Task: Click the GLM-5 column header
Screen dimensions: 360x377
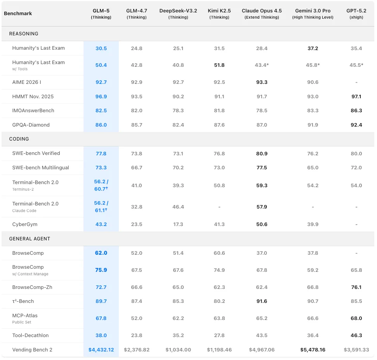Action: pos(101,14)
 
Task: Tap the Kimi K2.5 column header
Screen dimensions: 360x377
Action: pos(219,14)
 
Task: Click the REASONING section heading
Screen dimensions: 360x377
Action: pos(24,34)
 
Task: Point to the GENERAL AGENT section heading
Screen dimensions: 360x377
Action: pos(30,239)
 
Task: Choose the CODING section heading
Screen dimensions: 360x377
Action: pos(19,139)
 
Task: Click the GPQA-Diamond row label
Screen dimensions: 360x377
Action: pos(31,125)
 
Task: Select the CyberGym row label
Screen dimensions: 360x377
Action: pos(25,224)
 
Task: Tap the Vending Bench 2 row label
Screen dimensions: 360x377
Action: pos(32,350)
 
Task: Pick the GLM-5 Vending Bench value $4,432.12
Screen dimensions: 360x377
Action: pos(101,350)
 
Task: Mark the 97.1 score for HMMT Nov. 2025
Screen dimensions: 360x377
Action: pos(356,97)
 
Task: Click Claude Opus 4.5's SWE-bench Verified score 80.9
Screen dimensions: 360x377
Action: pos(262,154)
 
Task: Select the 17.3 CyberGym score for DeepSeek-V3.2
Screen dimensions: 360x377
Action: pos(178,224)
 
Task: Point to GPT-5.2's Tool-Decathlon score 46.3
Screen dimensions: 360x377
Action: pos(356,336)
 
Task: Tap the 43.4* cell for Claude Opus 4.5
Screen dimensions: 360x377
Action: pos(262,65)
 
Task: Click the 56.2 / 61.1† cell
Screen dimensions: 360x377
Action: pos(101,207)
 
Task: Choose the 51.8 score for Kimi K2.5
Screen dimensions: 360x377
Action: pos(219,65)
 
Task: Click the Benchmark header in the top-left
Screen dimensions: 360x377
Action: pos(18,14)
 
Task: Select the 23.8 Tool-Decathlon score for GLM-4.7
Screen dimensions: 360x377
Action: pos(137,336)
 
